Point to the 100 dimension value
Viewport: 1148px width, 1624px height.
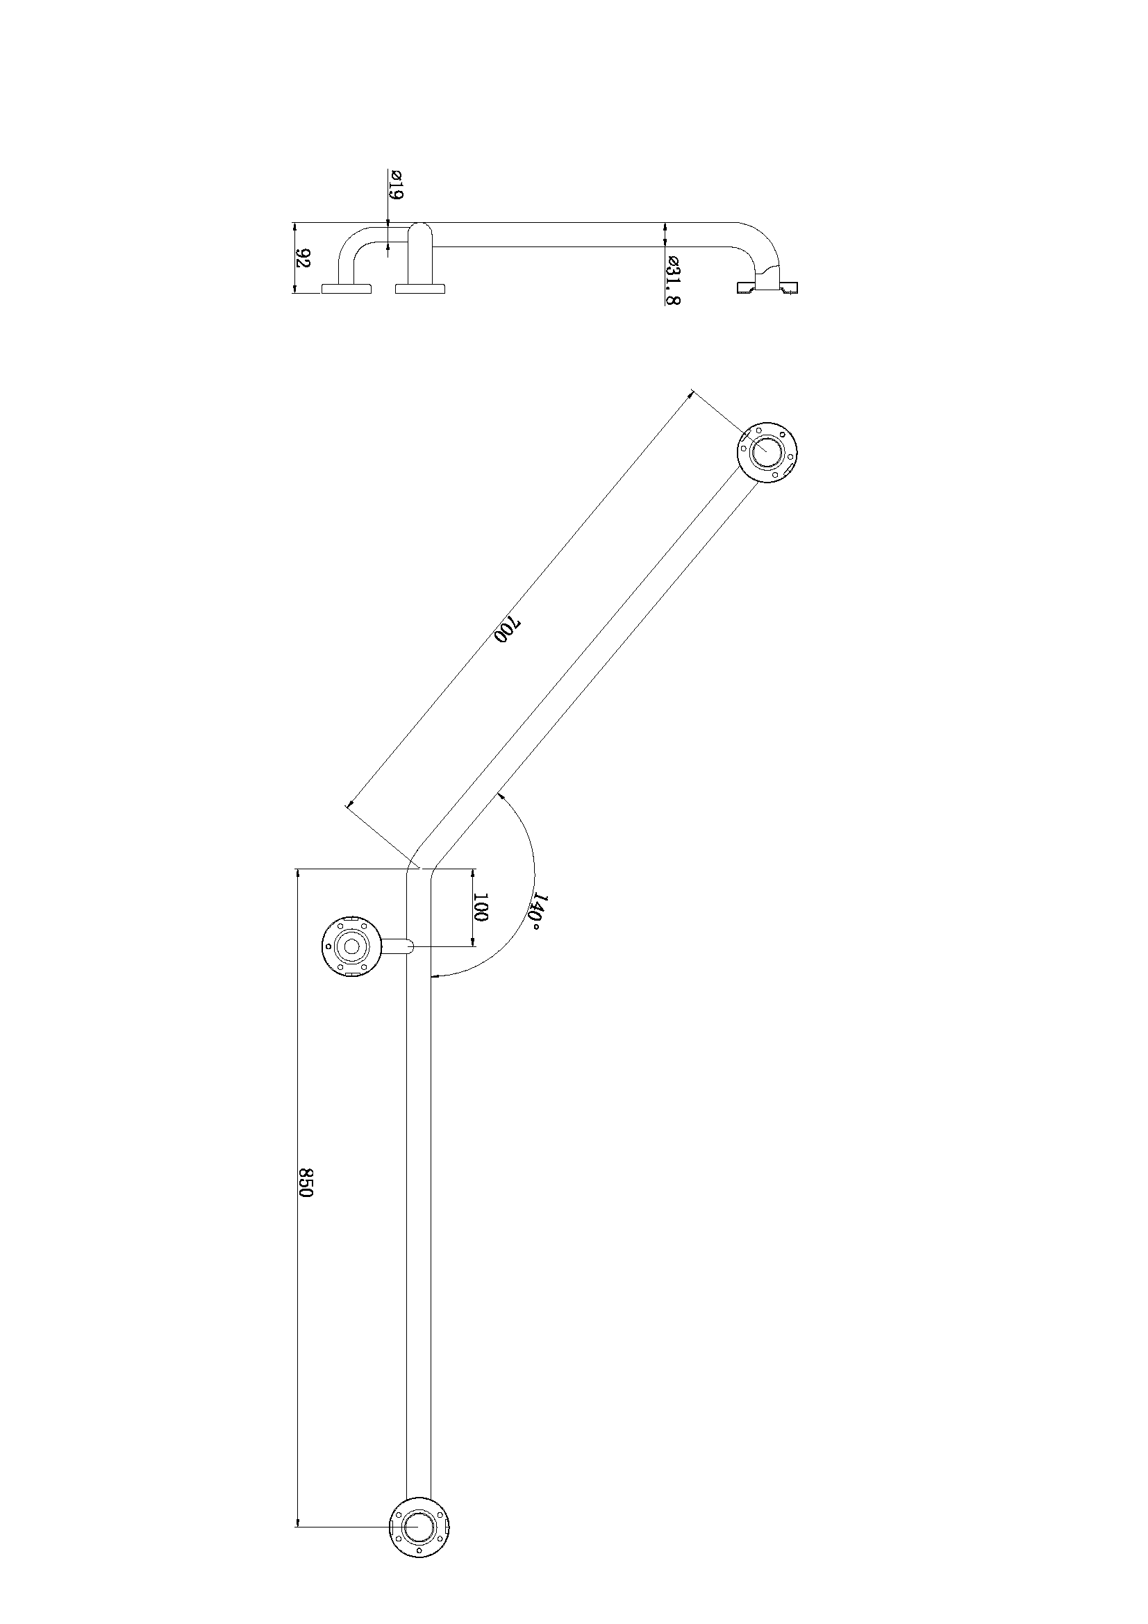481,907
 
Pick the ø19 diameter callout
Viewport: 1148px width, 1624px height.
394,185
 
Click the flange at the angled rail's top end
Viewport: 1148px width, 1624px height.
767,452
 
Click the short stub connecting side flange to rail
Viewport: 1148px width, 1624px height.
397,946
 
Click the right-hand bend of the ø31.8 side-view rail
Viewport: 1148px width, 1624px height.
764,244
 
